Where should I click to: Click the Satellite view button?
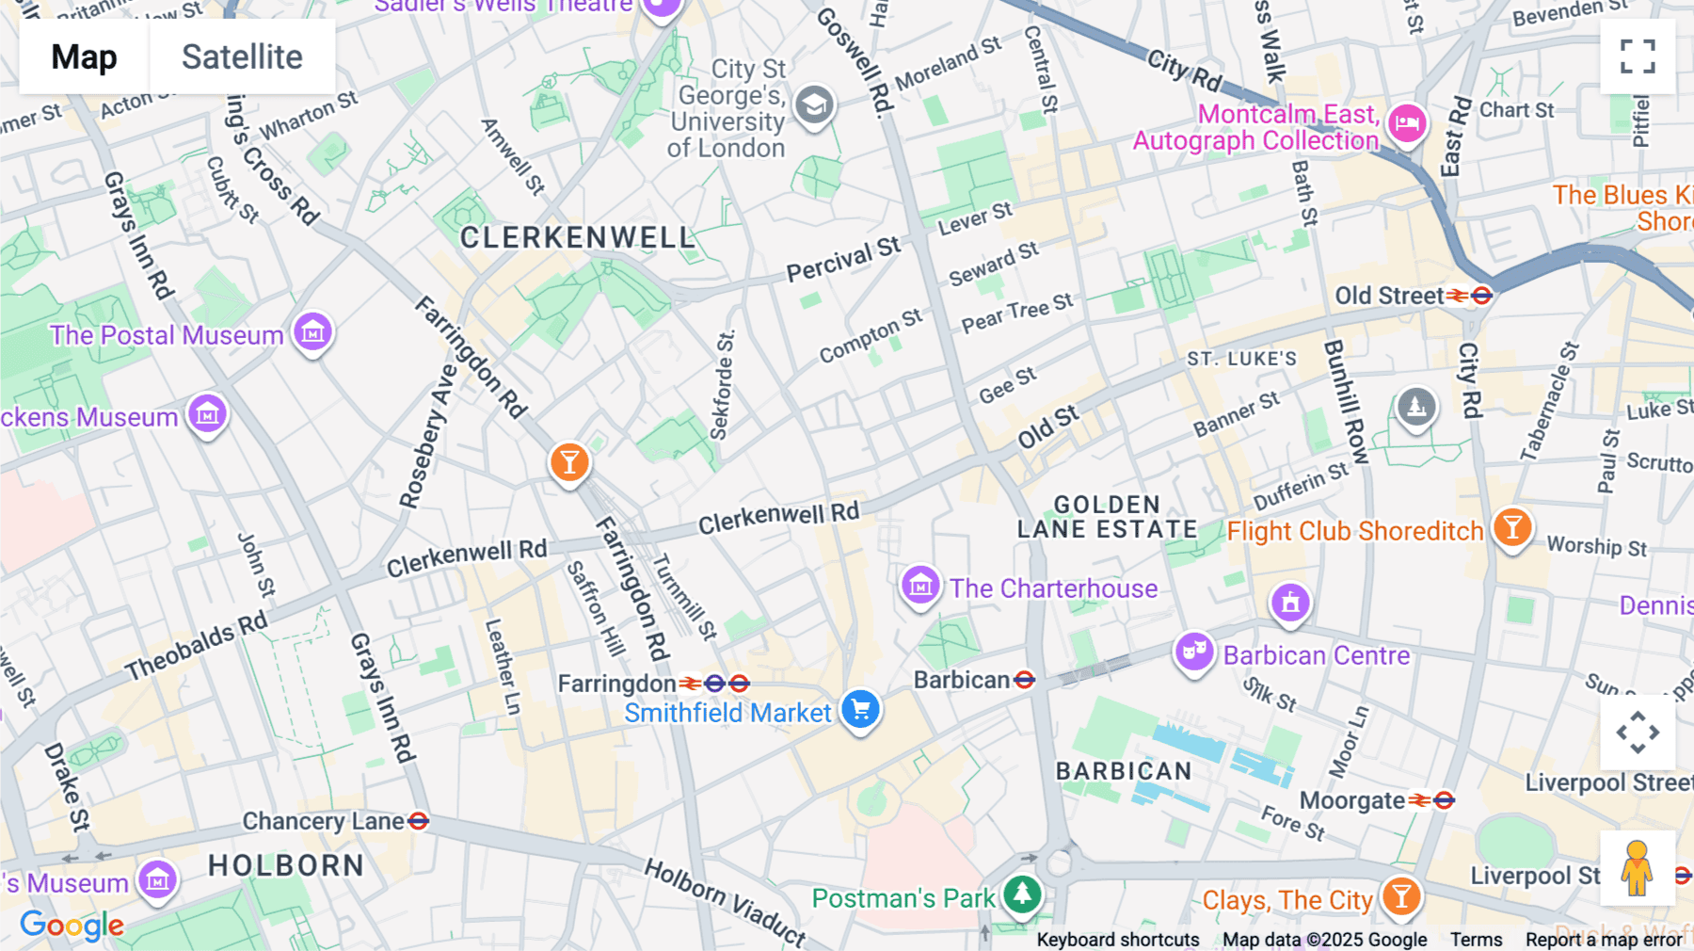[242, 56]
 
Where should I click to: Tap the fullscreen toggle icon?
[1638, 56]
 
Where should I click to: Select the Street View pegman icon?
[1638, 868]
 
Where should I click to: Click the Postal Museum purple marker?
[312, 331]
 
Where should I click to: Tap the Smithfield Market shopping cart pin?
[860, 710]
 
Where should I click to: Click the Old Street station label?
[1389, 296]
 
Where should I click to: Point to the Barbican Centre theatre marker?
[1194, 651]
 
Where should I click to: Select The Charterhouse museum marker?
[919, 586]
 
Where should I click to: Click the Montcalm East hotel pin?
[1407, 122]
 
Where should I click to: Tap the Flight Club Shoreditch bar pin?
[1512, 527]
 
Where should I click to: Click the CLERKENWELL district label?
[578, 237]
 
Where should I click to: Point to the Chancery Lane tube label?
[324, 821]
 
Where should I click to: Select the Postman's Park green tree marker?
[1022, 893]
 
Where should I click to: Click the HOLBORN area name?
[286, 865]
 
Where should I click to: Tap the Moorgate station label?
[1352, 800]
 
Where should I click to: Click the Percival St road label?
[843, 260]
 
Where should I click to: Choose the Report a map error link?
[1604, 940]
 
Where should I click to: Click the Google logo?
[72, 926]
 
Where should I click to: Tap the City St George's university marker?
[814, 105]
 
